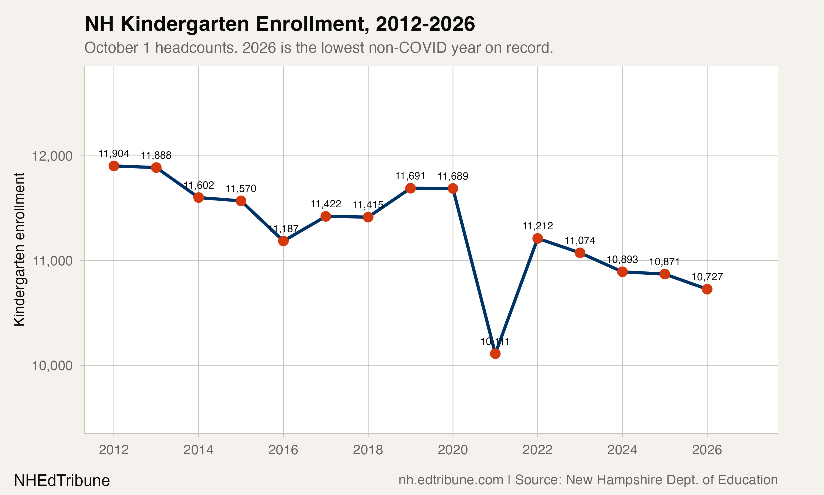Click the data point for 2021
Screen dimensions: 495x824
point(495,354)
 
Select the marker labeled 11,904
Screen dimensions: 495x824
point(114,166)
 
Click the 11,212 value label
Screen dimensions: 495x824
point(537,226)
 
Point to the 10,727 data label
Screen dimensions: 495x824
point(707,277)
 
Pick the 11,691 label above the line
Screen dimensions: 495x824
point(410,176)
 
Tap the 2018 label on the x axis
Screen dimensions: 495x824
point(368,450)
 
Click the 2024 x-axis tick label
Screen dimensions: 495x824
point(622,450)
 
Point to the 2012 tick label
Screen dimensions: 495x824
point(114,450)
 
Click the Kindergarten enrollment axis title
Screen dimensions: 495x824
point(19,249)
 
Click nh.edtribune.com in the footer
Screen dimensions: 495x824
point(451,480)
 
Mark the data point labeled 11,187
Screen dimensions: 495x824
point(283,241)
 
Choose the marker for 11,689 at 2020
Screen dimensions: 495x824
point(453,188)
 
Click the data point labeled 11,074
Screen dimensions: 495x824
point(580,253)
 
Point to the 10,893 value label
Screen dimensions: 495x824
point(622,260)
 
